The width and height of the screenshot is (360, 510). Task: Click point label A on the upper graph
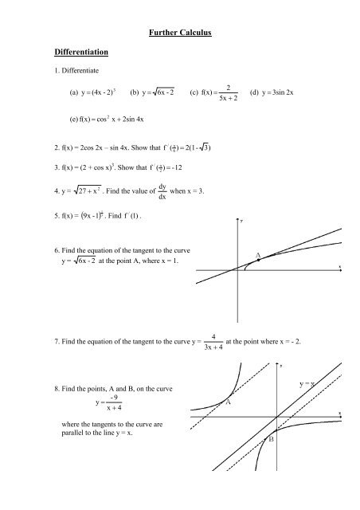pos(259,254)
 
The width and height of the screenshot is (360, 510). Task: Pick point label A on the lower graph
pos(229,402)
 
